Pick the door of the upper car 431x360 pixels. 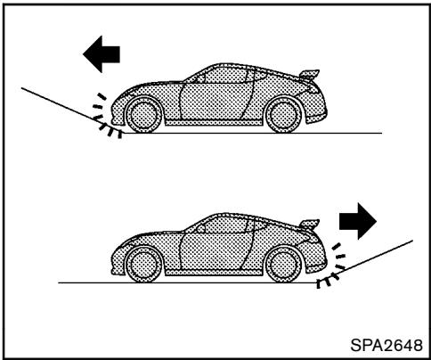click(x=205, y=102)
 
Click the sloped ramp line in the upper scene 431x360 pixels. click(x=53, y=102)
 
